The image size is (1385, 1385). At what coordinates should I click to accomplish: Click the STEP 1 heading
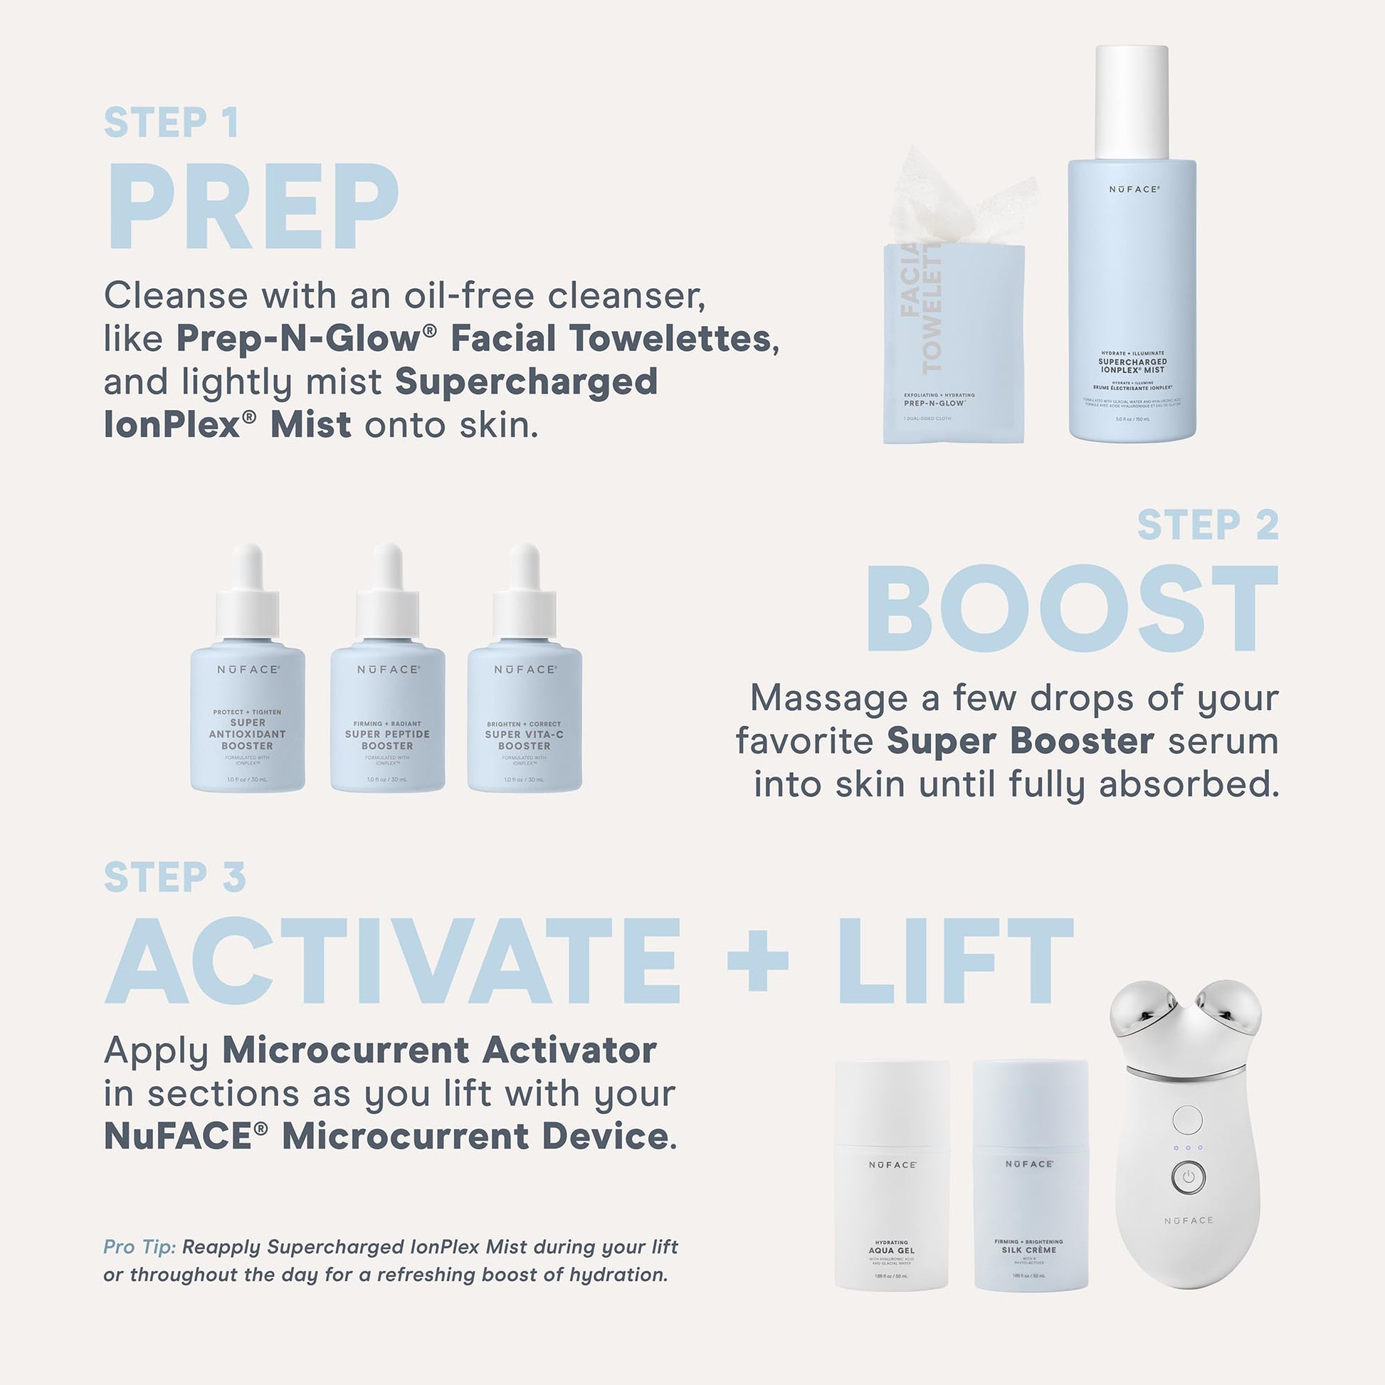tap(172, 122)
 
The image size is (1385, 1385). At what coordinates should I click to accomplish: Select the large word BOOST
tap(1073, 609)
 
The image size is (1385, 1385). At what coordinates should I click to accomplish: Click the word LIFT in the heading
tap(957, 961)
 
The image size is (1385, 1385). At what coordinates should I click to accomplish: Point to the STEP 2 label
tap(1208, 525)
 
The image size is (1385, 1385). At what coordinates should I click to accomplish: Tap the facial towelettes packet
tap(954, 344)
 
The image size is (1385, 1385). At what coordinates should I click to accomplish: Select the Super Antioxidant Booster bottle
tap(248, 717)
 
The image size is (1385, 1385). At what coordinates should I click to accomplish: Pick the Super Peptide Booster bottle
tap(387, 717)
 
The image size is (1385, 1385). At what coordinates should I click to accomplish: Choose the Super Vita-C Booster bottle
tap(524, 717)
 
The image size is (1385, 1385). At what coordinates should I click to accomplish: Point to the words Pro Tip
tap(139, 1248)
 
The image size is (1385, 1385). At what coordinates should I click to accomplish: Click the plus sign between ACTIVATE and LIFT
tap(758, 961)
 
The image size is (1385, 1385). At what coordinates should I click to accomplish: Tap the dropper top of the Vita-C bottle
tap(524, 591)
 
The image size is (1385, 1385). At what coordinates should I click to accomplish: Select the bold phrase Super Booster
tap(1020, 741)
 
